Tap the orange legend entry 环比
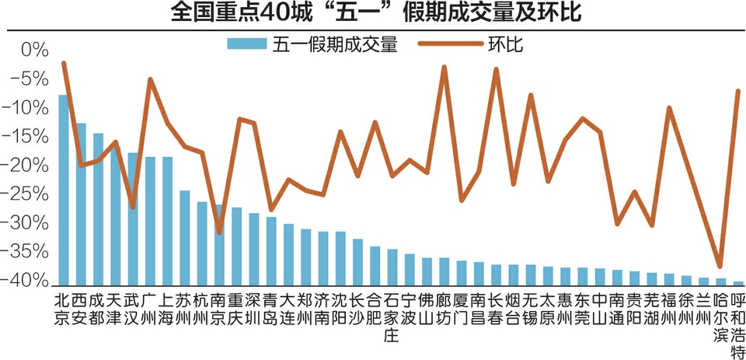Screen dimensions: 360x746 coord(505,44)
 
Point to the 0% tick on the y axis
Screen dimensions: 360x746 coord(34,51)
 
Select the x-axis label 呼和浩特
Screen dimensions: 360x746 coord(738,327)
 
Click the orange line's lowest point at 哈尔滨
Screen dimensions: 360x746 coord(720,267)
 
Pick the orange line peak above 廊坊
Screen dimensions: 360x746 coord(444,67)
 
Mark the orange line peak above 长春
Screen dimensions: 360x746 coord(496,69)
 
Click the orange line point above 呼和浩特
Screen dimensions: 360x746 coord(737,91)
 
